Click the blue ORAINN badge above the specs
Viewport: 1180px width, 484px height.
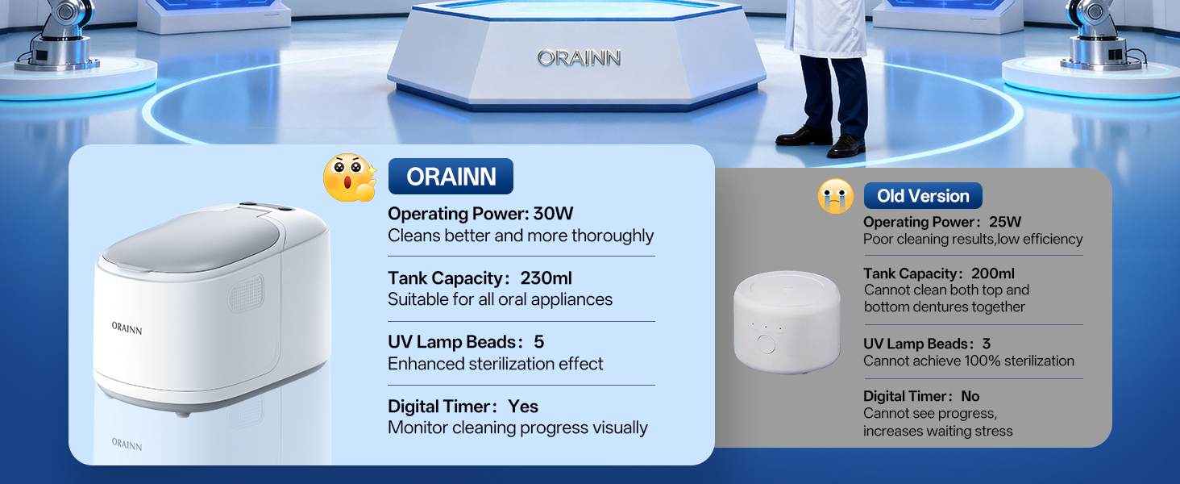(x=451, y=176)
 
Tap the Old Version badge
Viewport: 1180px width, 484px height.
(x=923, y=195)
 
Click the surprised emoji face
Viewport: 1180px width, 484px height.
(x=350, y=177)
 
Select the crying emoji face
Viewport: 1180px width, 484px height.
(x=836, y=196)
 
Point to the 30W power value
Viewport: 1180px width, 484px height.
(x=553, y=214)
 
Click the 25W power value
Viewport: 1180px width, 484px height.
(x=1005, y=222)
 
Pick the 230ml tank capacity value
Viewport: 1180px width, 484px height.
(x=546, y=277)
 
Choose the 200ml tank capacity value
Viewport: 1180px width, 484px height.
(x=993, y=273)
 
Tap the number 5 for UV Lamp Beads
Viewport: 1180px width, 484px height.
(x=539, y=342)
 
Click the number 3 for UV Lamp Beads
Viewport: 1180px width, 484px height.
(x=987, y=344)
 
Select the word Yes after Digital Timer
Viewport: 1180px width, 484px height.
(x=523, y=407)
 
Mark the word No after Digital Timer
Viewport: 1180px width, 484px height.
(x=970, y=396)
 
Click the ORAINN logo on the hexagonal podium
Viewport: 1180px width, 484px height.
(x=579, y=58)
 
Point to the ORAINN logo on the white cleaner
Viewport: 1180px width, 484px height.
(x=127, y=328)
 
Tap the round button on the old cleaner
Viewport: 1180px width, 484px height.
(x=766, y=344)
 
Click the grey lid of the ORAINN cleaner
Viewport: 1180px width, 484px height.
(x=193, y=242)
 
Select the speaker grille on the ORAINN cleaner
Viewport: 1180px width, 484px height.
(x=246, y=293)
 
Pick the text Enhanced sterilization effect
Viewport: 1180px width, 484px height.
(x=495, y=364)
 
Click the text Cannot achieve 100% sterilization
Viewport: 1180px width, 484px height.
(x=969, y=361)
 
